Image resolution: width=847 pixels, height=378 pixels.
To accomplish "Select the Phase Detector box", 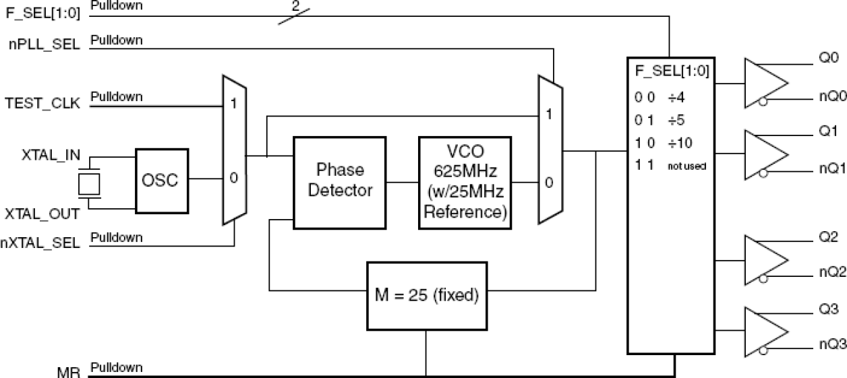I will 339,181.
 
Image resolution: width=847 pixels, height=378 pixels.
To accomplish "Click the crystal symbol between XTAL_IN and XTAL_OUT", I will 88,183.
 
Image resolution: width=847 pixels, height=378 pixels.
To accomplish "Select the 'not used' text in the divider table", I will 687,166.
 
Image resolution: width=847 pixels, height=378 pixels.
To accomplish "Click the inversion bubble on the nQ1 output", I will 762,174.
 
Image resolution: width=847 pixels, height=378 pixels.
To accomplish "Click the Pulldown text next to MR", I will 117,367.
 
